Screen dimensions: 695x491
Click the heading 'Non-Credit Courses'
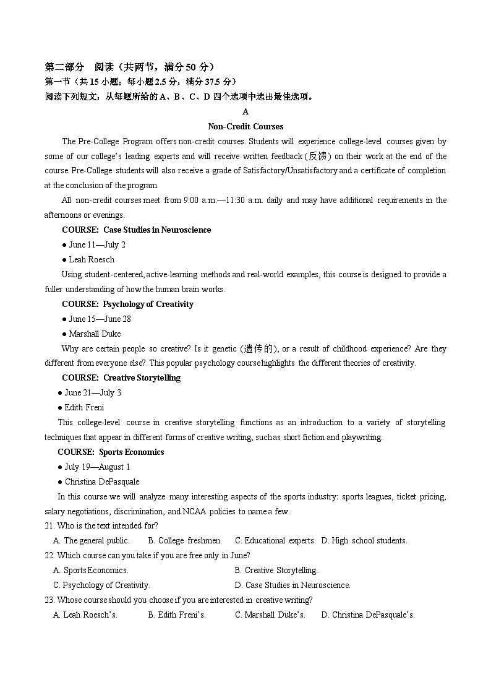246,126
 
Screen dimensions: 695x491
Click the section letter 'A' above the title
246,111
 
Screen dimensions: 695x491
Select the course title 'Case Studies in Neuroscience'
157,230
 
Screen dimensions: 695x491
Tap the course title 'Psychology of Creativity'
148,304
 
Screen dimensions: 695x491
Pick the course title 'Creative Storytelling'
142,378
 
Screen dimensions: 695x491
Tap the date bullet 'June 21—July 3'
93,392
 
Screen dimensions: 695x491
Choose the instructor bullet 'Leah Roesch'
92,259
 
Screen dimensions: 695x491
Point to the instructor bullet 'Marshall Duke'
95,334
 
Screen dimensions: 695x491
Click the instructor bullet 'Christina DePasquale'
102,481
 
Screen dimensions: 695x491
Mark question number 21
49,526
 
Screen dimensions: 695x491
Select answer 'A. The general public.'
92,540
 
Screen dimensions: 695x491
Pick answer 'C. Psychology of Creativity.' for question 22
102,585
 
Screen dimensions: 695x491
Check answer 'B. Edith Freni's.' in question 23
177,615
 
